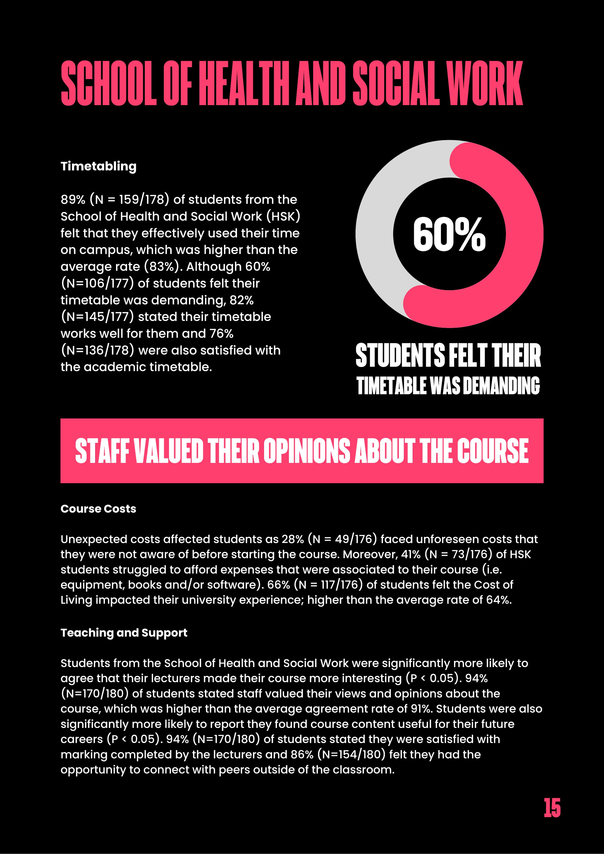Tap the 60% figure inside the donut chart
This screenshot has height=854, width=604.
pos(449,235)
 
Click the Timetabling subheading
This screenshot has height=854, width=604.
pos(99,166)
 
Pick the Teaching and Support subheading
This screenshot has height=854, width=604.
pos(124,633)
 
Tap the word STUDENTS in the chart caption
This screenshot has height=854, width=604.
pos(400,356)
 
